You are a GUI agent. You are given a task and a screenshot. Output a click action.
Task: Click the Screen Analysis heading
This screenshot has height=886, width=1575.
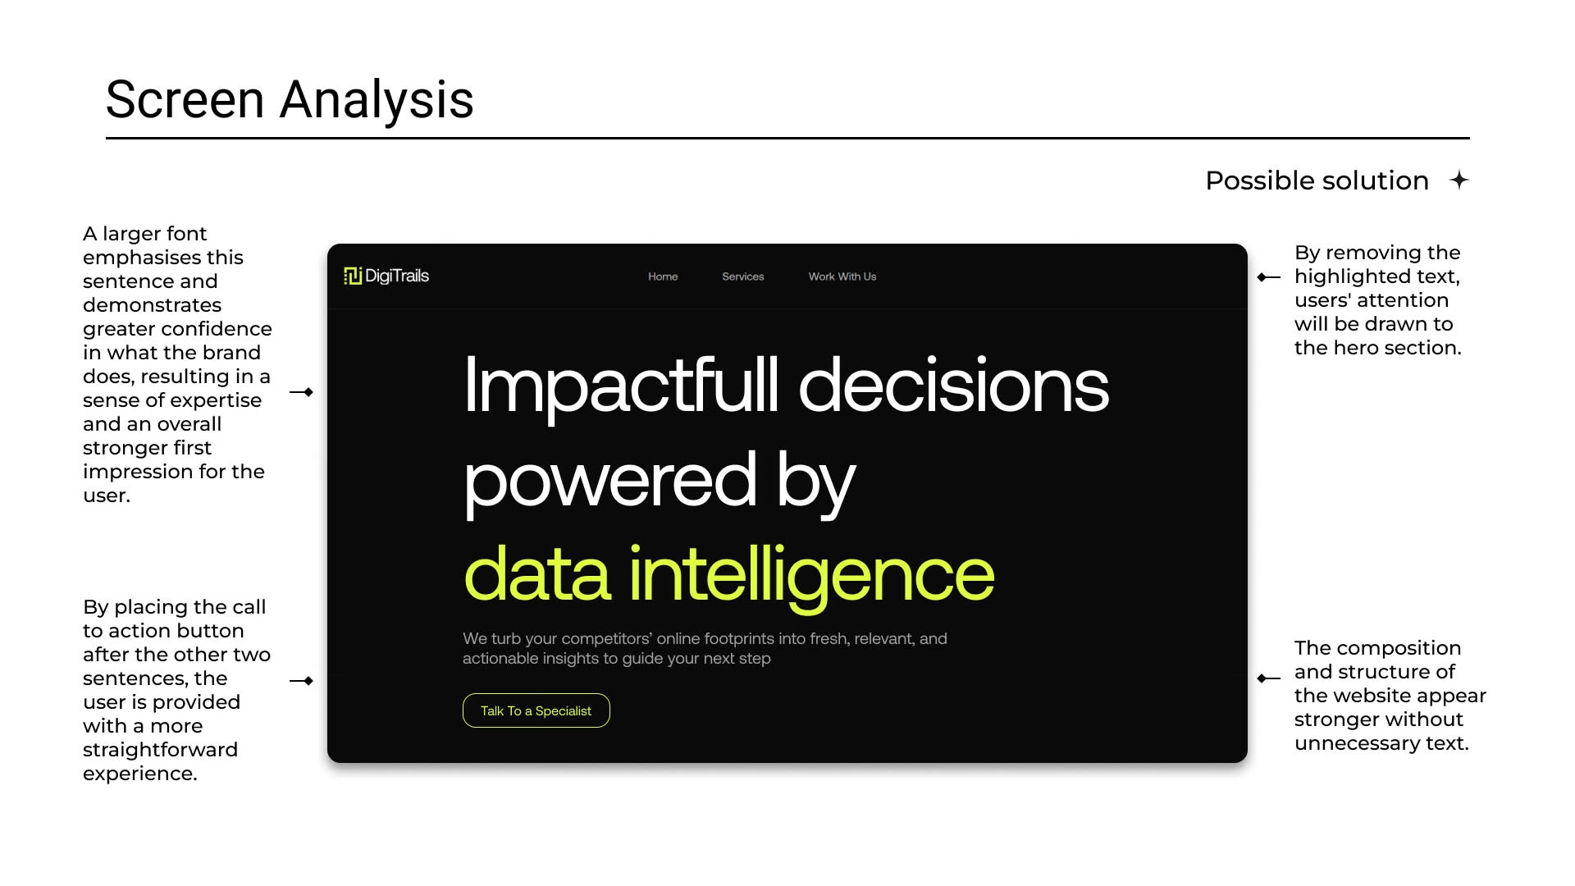[x=290, y=99]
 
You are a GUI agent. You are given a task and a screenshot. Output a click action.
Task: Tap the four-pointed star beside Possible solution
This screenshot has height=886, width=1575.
[x=1459, y=180]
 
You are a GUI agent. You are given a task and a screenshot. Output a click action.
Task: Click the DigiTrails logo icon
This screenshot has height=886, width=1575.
[x=353, y=276]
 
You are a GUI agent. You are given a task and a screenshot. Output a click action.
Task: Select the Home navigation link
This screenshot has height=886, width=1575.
[x=663, y=276]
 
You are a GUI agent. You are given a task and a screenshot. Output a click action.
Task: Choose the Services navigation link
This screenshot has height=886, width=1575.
[x=743, y=276]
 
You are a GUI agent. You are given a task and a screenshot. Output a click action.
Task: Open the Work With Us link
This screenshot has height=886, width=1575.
[x=842, y=276]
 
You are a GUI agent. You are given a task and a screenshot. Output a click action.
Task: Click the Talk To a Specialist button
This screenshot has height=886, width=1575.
[x=536, y=710]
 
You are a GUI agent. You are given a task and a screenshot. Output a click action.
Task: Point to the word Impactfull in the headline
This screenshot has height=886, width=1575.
[x=621, y=386]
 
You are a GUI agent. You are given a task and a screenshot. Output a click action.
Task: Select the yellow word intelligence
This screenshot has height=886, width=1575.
[x=812, y=575]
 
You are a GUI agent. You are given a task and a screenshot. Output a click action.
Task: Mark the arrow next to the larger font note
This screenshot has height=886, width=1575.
[x=302, y=392]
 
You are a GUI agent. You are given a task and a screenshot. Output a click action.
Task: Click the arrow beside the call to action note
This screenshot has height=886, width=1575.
[x=302, y=681]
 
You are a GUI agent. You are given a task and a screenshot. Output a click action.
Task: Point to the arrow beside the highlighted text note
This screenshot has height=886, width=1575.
[x=1269, y=277]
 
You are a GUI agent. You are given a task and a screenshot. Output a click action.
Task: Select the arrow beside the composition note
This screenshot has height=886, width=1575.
[x=1269, y=678]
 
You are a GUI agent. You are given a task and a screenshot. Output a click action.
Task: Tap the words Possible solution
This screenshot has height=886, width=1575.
[x=1317, y=180]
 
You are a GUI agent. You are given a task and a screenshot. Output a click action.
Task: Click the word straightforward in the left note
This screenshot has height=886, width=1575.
[x=161, y=750]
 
